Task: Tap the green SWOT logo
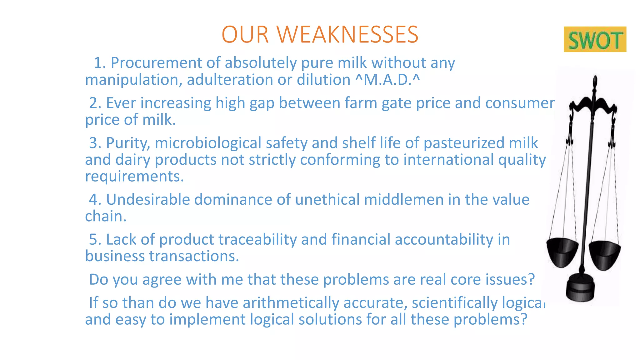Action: click(x=595, y=40)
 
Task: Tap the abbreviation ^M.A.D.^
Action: click(x=387, y=80)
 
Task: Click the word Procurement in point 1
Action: click(x=156, y=63)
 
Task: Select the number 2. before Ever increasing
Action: click(x=95, y=103)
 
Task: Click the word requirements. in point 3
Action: click(x=134, y=176)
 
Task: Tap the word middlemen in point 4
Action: click(x=403, y=199)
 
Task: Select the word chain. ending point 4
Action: click(x=106, y=216)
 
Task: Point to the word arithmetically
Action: click(x=291, y=303)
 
